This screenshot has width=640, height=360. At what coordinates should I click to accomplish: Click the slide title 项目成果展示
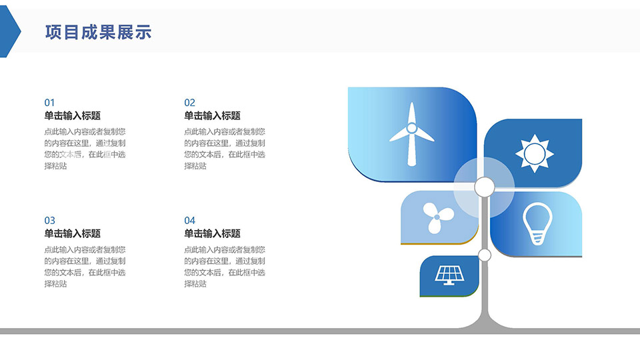pos(99,32)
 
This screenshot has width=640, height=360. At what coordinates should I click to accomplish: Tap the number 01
pos(49,103)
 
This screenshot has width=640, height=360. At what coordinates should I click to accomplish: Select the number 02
pos(189,103)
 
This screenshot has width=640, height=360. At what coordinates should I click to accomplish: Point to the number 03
pos(49,221)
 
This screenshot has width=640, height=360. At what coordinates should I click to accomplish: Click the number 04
pos(189,221)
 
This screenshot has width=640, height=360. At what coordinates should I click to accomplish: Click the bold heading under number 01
pos(72,116)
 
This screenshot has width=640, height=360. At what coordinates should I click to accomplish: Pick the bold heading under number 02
pos(212,116)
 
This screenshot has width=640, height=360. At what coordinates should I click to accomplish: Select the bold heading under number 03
pos(72,233)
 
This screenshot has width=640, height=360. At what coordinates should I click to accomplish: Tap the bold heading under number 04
pos(212,233)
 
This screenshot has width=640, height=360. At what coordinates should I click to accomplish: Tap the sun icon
pos(534,154)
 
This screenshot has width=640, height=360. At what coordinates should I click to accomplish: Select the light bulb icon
pos(537,224)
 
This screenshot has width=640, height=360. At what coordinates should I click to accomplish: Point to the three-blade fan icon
pos(437,217)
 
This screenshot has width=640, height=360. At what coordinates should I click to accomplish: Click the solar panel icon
pos(449,275)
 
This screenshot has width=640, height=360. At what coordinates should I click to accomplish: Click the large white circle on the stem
pos(485,187)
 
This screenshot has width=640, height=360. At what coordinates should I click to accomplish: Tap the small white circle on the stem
pos(485,255)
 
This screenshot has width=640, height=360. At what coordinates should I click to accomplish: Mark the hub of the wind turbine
pos(411,128)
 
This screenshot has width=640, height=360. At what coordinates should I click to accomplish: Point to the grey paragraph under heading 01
pos(85,149)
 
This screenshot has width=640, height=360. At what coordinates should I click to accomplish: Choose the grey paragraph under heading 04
pos(225,267)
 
